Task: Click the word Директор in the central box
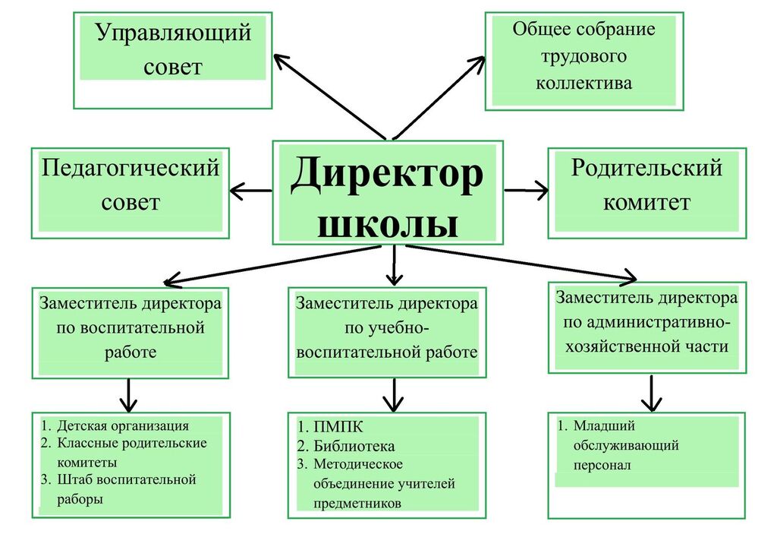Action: pyautogui.click(x=387, y=174)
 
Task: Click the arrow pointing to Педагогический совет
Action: pyautogui.click(x=250, y=190)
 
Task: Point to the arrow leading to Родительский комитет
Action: pyautogui.click(x=527, y=190)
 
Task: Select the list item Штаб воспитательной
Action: pyautogui.click(x=126, y=480)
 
